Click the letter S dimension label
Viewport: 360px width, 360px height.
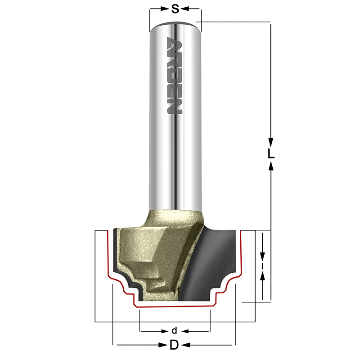(x=175, y=9)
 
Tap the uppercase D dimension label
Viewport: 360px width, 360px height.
(x=174, y=345)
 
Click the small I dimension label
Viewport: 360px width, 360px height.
(x=263, y=265)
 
